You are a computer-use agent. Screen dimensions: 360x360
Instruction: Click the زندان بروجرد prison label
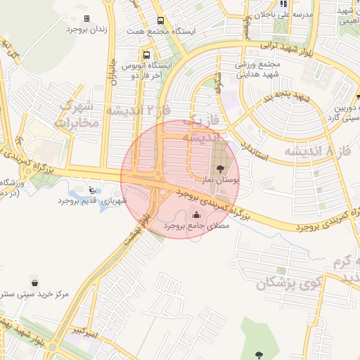point(86,30)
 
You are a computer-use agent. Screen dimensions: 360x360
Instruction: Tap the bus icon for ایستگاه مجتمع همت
point(161,20)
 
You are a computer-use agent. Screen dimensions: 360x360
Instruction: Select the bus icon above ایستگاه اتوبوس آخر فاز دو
point(146,55)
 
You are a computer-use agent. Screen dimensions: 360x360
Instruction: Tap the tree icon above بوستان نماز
point(221,169)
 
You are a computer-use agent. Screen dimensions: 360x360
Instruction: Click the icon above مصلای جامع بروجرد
point(195,215)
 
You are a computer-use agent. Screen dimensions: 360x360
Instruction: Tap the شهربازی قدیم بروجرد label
point(92,201)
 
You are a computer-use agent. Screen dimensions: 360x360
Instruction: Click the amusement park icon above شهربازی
point(93,188)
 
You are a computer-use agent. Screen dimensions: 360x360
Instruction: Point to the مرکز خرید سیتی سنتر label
point(34,295)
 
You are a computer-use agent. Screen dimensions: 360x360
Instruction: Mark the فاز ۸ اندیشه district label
point(319,151)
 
